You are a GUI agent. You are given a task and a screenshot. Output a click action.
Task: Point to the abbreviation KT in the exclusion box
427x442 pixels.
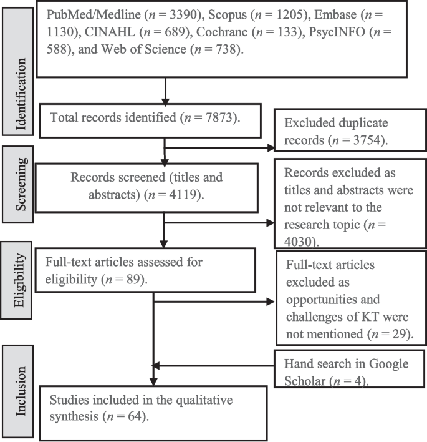[364, 318]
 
